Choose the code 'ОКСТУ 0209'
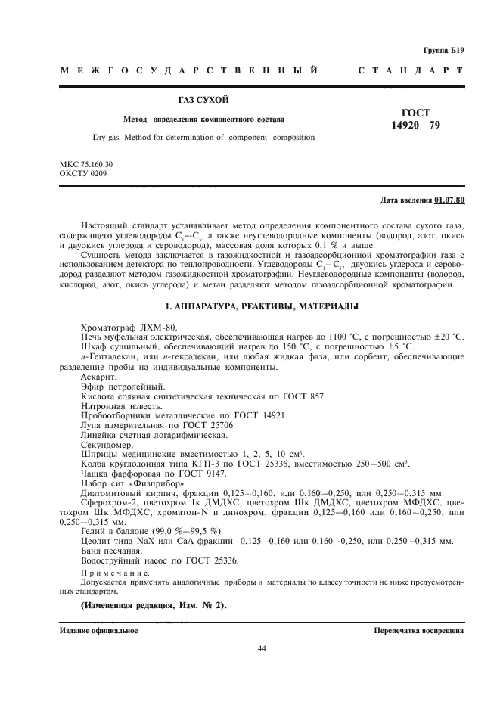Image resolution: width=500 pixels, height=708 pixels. pyautogui.click(x=82, y=173)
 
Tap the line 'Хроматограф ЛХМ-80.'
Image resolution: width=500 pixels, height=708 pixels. pyautogui.click(x=126, y=325)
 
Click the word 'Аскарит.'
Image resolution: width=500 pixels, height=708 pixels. pyautogui.click(x=98, y=376)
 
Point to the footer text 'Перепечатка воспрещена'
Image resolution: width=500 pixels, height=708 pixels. pyautogui.click(x=418, y=629)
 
